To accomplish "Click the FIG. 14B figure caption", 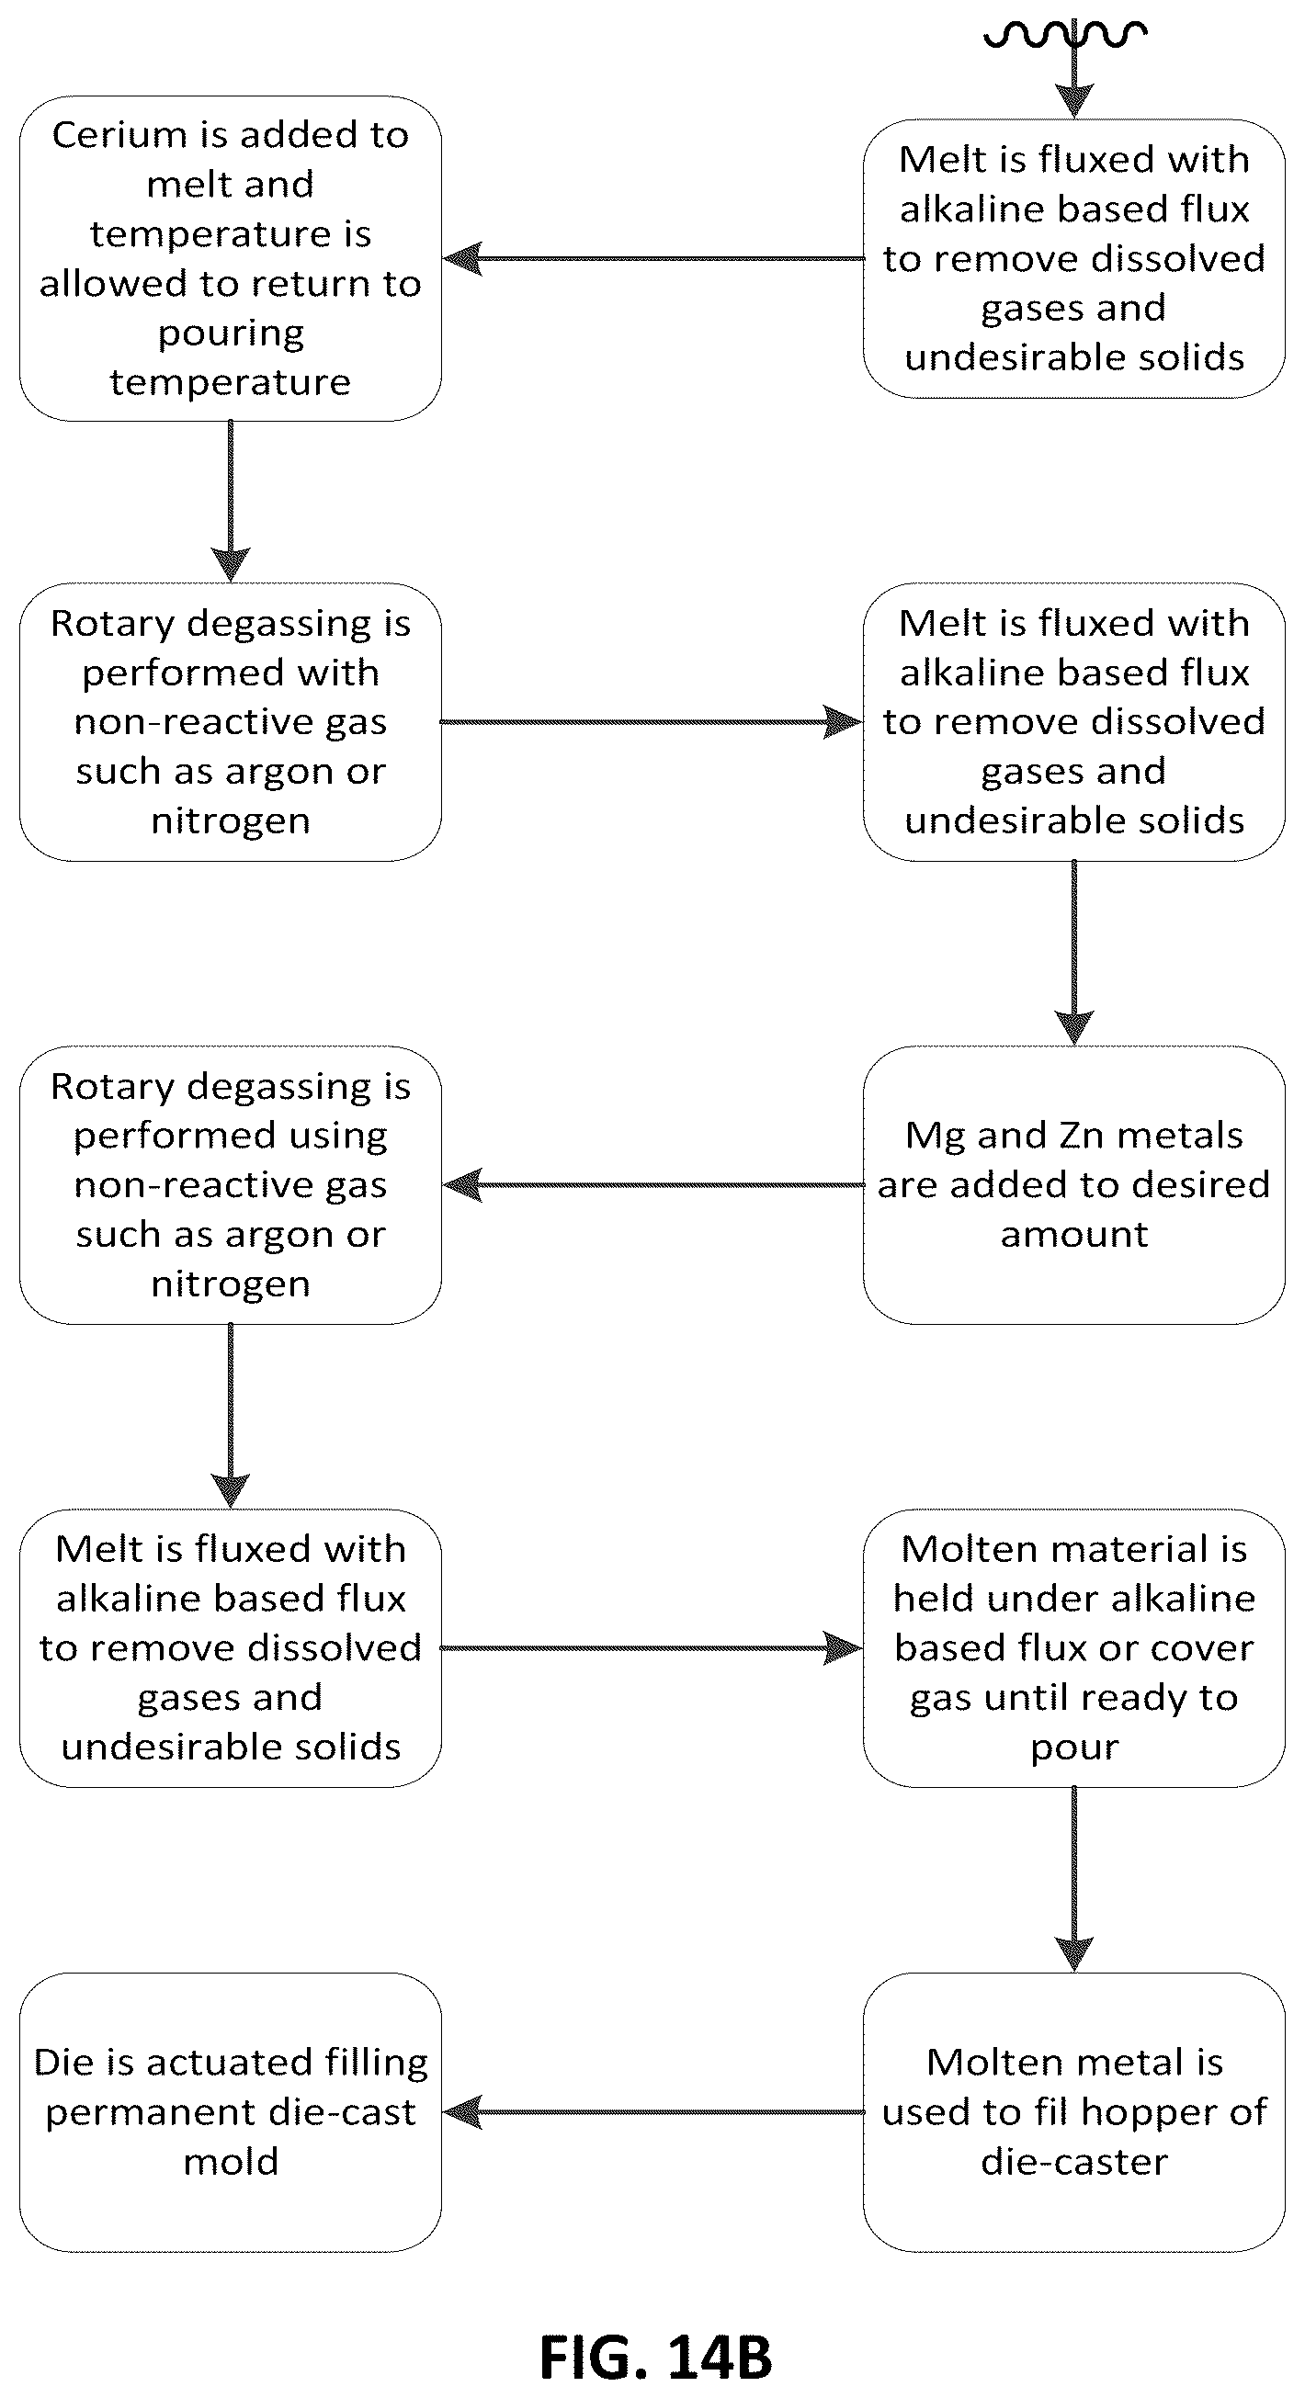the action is coord(655,2357).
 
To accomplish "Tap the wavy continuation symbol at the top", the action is coord(1065,34).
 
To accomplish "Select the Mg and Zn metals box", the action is coord(1074,1185).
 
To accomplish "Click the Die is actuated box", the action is coord(231,2112).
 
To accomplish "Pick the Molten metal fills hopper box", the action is coord(1074,2112).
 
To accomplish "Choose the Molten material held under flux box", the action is coord(1074,1647).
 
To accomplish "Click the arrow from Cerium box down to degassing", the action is coord(231,502).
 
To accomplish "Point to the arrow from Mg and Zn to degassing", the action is coord(652,1185).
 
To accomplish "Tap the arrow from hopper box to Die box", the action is coord(652,2112).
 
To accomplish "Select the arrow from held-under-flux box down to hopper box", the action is coord(1074,1880).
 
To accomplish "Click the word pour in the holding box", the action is coord(1074,1748).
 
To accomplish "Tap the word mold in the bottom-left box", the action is coord(231,2162).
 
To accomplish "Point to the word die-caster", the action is coord(1074,2162).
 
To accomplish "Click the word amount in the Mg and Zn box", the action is coord(1074,1235).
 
